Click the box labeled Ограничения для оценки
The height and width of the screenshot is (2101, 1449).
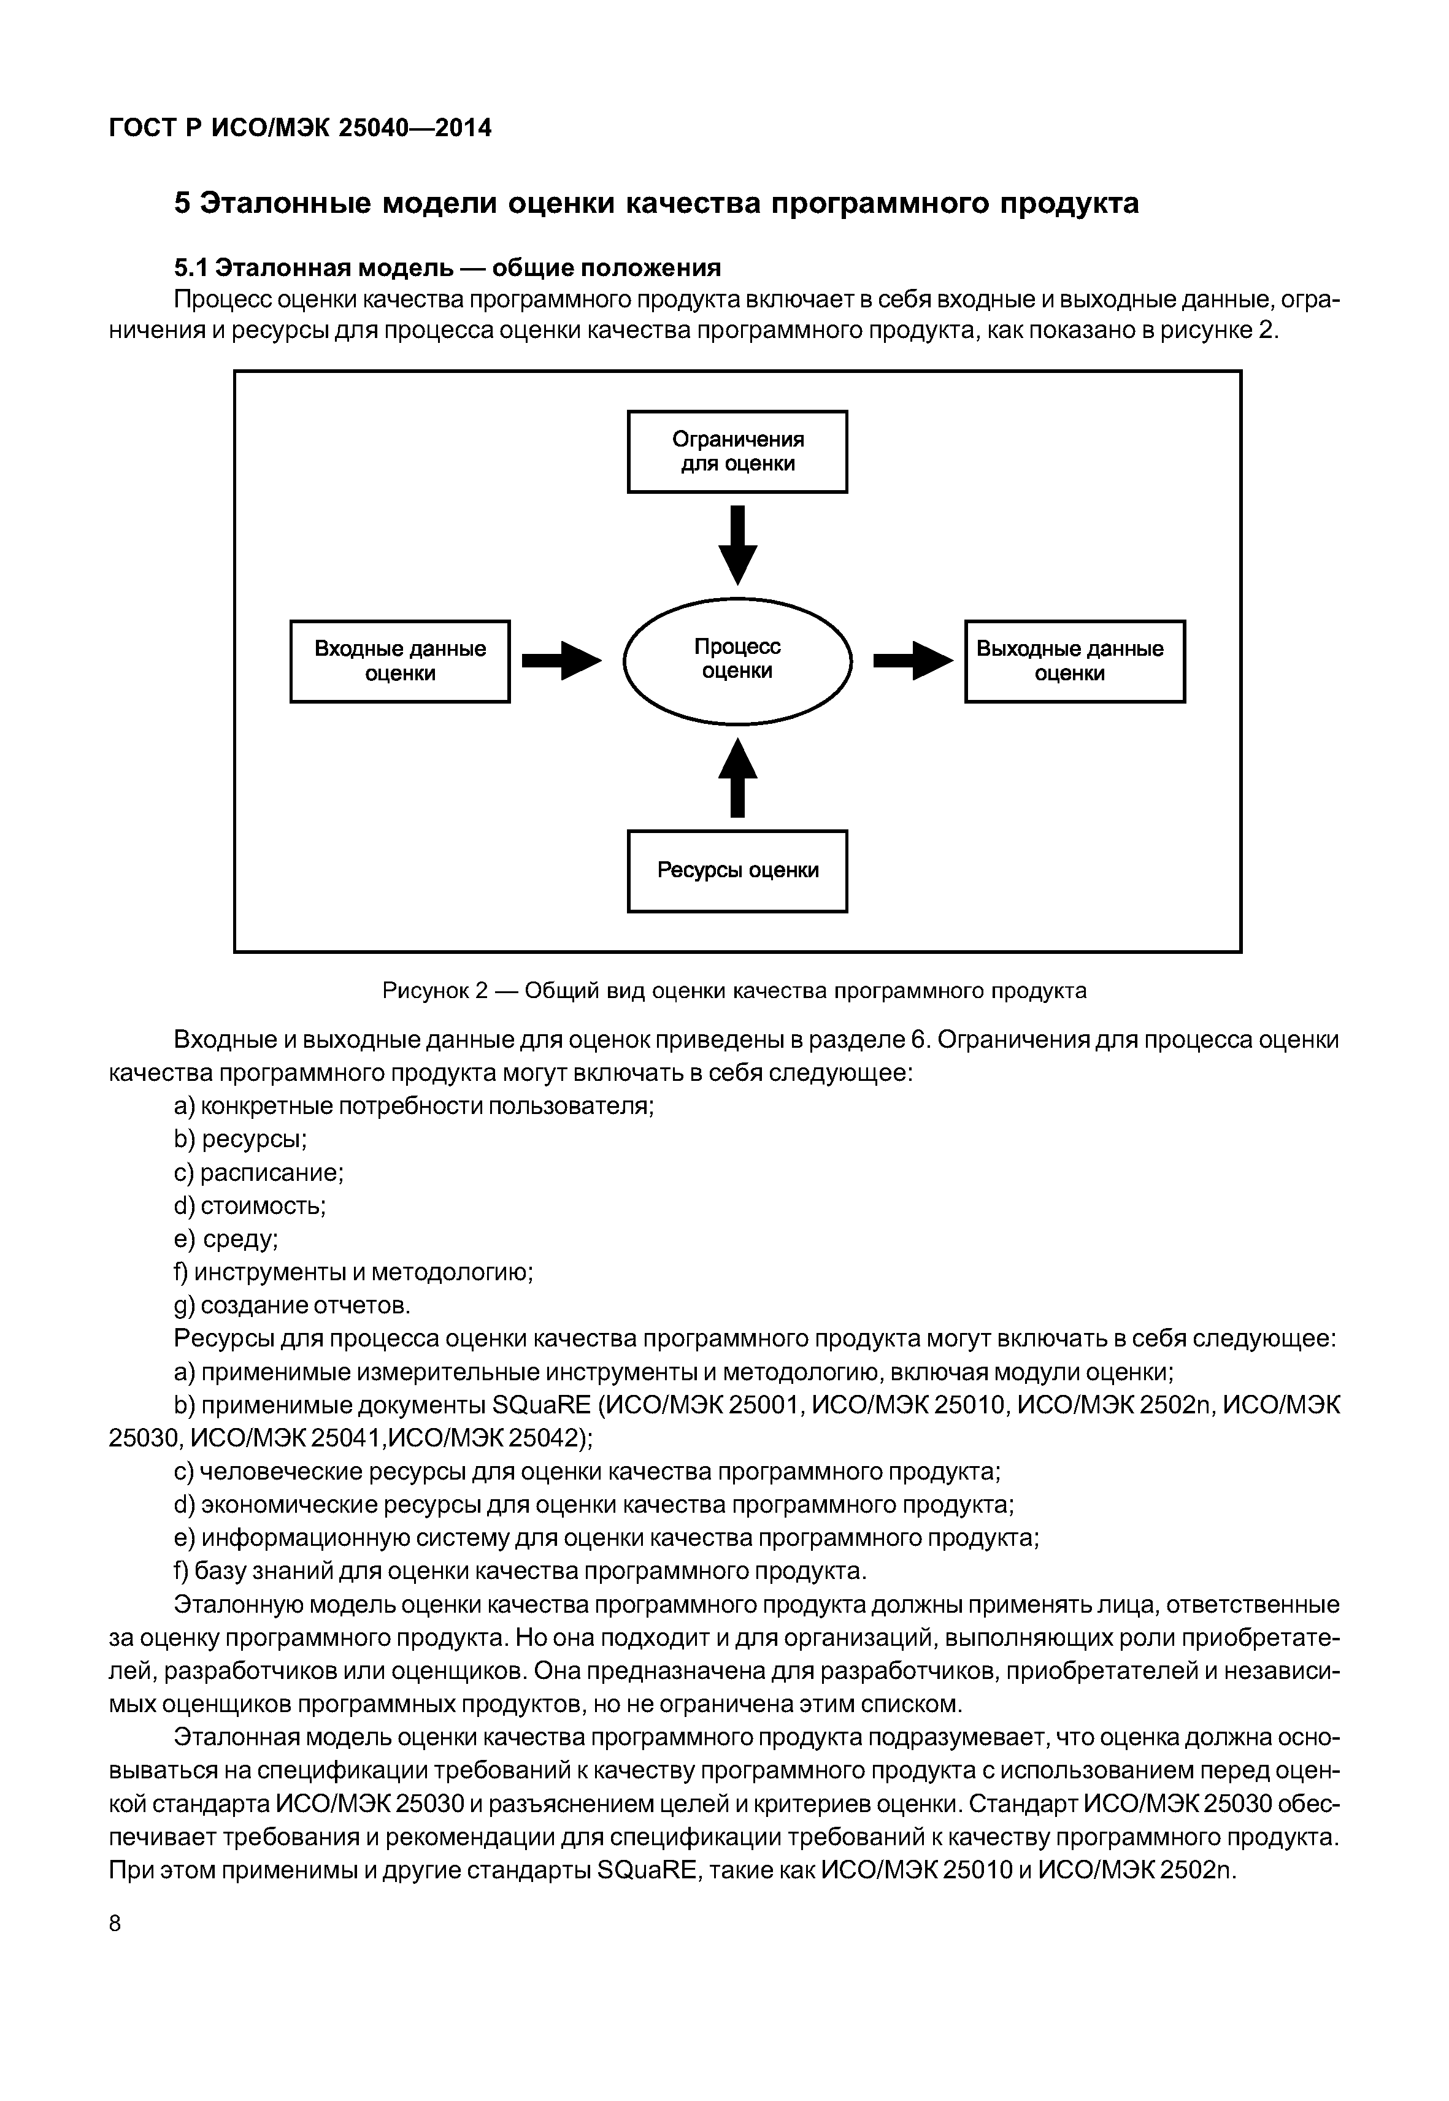click(x=737, y=451)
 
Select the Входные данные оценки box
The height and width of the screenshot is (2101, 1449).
click(x=399, y=661)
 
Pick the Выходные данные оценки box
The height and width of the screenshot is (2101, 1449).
click(x=1074, y=661)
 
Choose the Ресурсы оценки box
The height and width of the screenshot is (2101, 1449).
click(x=737, y=870)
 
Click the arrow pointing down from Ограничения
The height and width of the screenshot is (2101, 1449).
click(x=737, y=545)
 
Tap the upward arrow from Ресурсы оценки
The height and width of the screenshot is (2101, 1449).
click(x=737, y=778)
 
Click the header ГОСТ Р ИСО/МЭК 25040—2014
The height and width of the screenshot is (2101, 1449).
click(x=299, y=128)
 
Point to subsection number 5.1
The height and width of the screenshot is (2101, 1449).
click(x=191, y=268)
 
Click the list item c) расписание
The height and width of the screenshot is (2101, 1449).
click(x=259, y=1173)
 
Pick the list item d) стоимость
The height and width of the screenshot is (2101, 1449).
click(x=250, y=1206)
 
